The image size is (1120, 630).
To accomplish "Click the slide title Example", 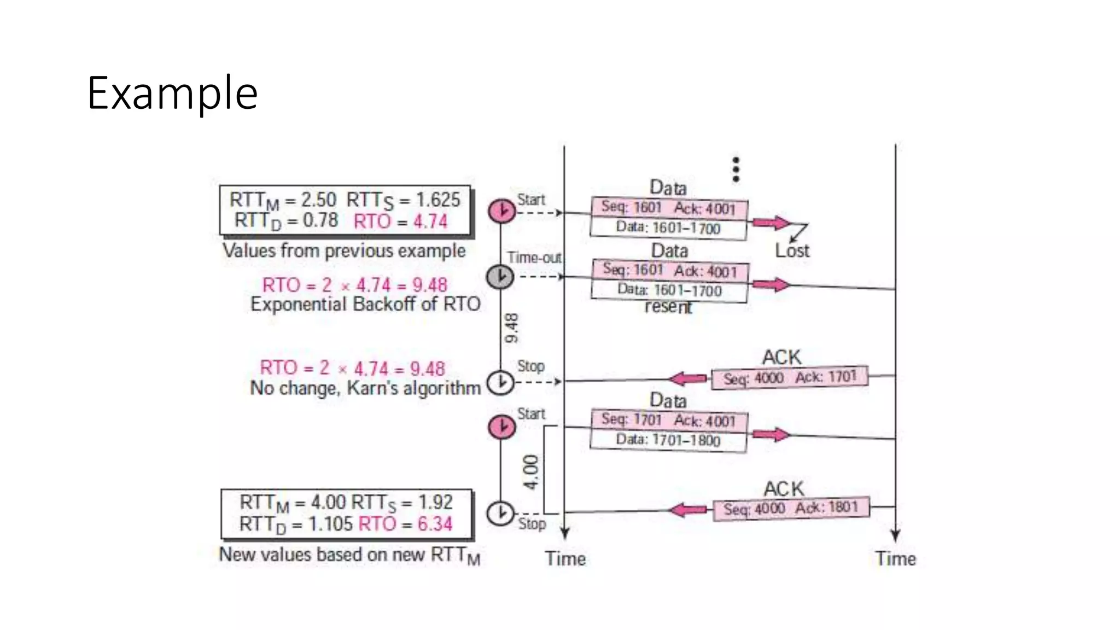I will pos(172,94).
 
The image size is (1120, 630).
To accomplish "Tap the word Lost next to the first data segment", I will pos(792,251).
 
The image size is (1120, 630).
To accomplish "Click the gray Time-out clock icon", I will pos(500,277).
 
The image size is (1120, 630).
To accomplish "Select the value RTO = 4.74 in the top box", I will pos(400,221).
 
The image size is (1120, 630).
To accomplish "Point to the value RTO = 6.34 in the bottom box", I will pos(405,524).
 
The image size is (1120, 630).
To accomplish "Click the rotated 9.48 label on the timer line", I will pos(511,328).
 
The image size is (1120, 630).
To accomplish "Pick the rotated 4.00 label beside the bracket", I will pos(530,472).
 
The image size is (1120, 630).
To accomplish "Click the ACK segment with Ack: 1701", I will pos(789,378).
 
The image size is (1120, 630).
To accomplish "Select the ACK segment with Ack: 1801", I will pos(791,508).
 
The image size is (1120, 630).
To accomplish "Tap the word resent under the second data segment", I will pos(668,307).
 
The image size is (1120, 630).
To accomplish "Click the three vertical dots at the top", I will pos(736,170).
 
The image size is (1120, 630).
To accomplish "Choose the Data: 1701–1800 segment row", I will pos(668,440).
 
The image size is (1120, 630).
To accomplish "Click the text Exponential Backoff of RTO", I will pos(365,304).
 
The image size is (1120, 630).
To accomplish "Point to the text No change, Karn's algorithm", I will pos(365,388).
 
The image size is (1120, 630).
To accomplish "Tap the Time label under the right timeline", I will pos(895,559).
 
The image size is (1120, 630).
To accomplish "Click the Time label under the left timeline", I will pos(565,559).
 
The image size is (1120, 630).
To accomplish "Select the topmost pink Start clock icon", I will pos(501,211).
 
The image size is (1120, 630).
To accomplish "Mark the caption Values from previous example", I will pos(344,251).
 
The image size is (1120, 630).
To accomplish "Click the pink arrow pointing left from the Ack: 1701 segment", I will pos(688,378).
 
